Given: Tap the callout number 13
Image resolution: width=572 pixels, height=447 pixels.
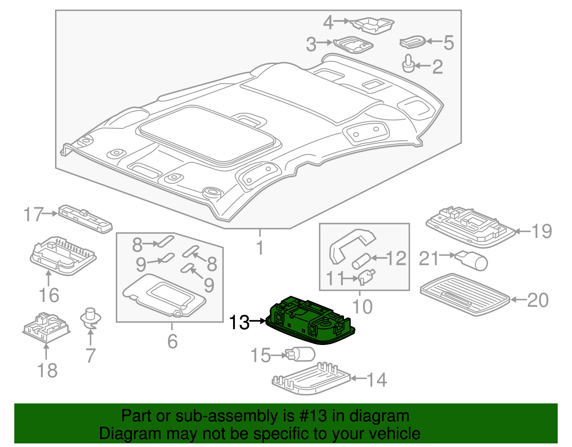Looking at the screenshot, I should (239, 322).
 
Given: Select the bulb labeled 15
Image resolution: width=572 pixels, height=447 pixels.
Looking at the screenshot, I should (301, 355).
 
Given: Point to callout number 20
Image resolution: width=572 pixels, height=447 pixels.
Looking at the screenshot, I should (538, 300).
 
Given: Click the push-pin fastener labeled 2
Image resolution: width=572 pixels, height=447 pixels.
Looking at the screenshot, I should (408, 64).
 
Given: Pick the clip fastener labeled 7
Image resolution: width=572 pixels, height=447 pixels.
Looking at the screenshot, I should (90, 319).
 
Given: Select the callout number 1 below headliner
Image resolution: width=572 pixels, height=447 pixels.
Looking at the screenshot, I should (260, 248).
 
